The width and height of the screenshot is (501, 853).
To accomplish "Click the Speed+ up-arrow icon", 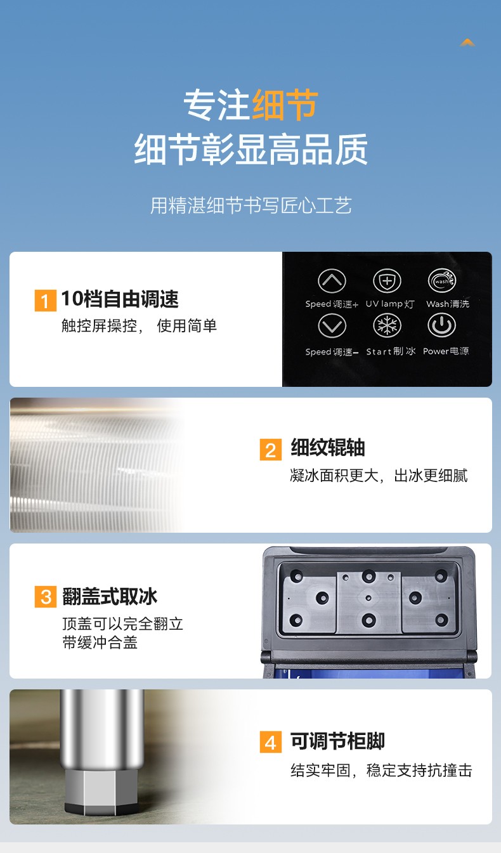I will click(x=332, y=281).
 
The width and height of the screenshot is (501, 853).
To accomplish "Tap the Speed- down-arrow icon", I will click(x=332, y=327).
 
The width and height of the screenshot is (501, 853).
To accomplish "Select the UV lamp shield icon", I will click(x=387, y=281).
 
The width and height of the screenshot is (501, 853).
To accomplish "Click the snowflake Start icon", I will click(x=387, y=326).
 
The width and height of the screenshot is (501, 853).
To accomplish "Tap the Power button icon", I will click(x=441, y=326).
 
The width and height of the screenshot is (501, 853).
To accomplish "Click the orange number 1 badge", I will click(x=45, y=300).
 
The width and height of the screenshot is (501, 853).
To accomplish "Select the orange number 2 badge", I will click(x=271, y=450).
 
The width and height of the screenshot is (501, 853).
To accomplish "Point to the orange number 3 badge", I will click(x=45, y=597).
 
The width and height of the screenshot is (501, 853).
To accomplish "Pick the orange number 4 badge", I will click(x=271, y=742).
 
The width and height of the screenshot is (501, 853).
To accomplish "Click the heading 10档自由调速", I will click(x=120, y=299).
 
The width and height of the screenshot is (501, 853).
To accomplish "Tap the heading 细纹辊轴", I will click(x=328, y=448).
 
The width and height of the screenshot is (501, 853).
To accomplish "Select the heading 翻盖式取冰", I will click(x=110, y=596).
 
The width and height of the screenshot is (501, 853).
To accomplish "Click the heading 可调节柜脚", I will click(x=337, y=741).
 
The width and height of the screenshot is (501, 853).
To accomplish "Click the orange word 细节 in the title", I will click(x=285, y=105).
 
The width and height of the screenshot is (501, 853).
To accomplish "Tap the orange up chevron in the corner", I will click(x=467, y=42).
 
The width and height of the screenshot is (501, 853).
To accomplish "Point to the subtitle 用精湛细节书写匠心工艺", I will click(x=251, y=205).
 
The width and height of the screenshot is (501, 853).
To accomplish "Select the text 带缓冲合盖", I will click(x=100, y=642).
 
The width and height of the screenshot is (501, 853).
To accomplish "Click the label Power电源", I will click(x=446, y=351).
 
